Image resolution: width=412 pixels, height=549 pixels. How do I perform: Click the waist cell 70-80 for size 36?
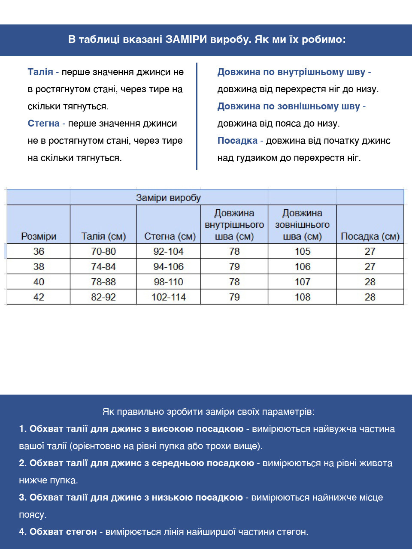coord(103,251)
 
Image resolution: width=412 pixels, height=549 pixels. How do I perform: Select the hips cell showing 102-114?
coord(169,297)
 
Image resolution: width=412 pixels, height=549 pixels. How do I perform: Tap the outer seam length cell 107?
coord(302,282)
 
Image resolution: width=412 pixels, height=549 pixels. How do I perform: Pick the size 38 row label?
coord(39,267)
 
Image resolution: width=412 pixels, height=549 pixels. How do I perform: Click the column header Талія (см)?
coord(103,236)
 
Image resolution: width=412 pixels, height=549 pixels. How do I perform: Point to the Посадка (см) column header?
coord(370,236)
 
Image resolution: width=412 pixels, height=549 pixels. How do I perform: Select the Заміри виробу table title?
coord(168,198)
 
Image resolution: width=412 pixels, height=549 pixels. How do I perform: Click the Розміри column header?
coord(39,236)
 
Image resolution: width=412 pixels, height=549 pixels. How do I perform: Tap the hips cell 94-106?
coord(169,267)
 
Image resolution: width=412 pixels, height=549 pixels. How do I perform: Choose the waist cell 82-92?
coord(103,297)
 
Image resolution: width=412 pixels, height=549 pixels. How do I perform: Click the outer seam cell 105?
coord(302,251)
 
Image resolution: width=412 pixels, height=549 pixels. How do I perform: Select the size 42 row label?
coord(39,297)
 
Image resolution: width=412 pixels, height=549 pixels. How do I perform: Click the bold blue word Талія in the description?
coord(40,72)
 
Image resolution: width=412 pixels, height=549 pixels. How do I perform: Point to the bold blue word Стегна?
coord(43,124)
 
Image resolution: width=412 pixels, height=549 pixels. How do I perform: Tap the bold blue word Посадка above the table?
coord(237,141)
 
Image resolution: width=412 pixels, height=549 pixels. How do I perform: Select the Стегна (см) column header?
coord(170,236)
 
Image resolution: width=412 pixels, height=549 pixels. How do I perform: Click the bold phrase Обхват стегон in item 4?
coord(63,532)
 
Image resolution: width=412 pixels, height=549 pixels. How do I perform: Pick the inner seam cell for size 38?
coord(234,267)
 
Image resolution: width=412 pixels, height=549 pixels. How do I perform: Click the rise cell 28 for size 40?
coord(370,282)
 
